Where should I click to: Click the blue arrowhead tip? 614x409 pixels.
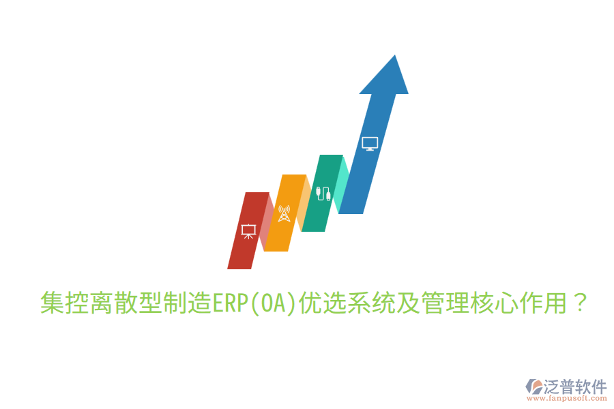click(x=392, y=61)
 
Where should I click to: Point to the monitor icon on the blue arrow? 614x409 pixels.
click(x=370, y=143)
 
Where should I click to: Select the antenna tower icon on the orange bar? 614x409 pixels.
click(x=284, y=213)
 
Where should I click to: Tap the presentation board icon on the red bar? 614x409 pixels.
click(x=248, y=230)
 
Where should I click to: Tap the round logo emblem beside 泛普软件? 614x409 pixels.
click(x=533, y=387)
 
